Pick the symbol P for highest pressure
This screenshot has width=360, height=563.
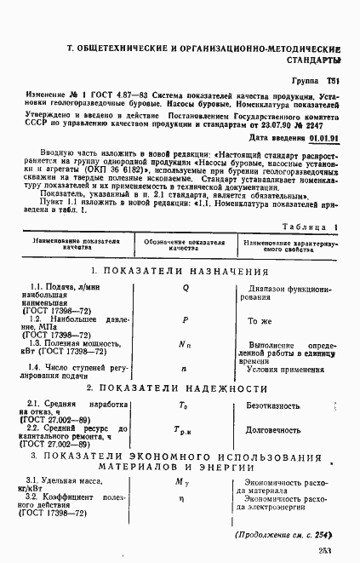click(185, 320)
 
